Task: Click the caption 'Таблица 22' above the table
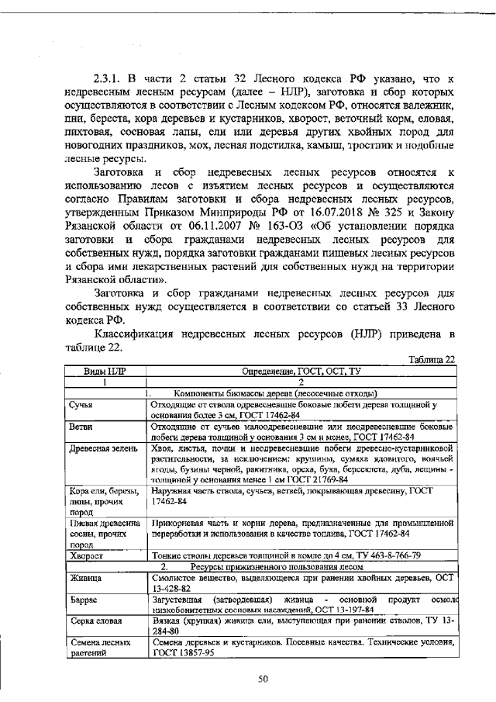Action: tap(431, 358)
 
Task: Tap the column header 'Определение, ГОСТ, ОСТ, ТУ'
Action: tap(300, 372)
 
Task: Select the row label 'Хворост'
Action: tap(86, 555)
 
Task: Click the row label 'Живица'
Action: tap(85, 578)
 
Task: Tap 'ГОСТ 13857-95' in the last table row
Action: tap(184, 654)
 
